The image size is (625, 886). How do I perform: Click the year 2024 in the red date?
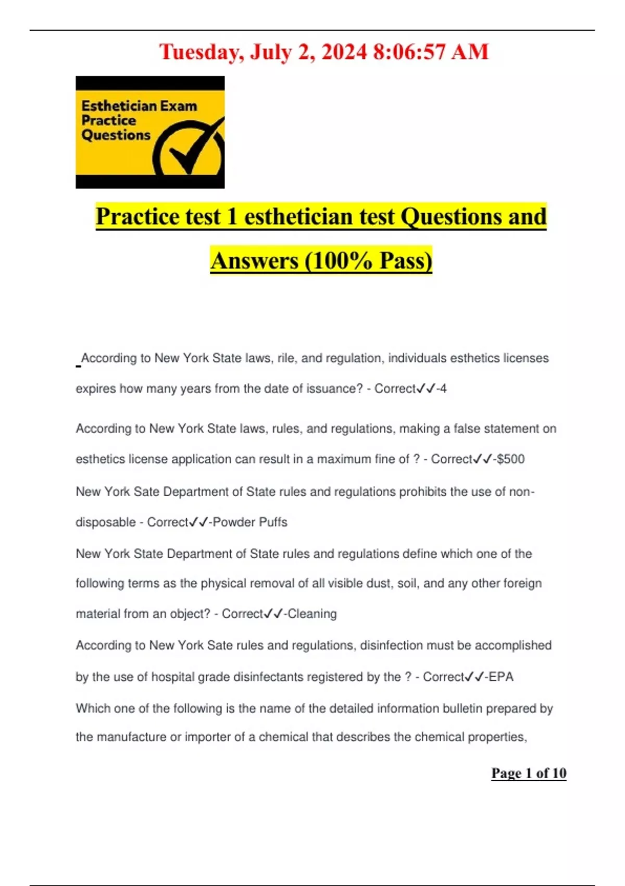[x=344, y=52]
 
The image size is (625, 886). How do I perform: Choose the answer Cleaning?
[x=312, y=614]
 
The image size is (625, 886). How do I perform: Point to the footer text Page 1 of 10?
[x=529, y=773]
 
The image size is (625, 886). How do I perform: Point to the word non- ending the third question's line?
[x=522, y=492]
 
